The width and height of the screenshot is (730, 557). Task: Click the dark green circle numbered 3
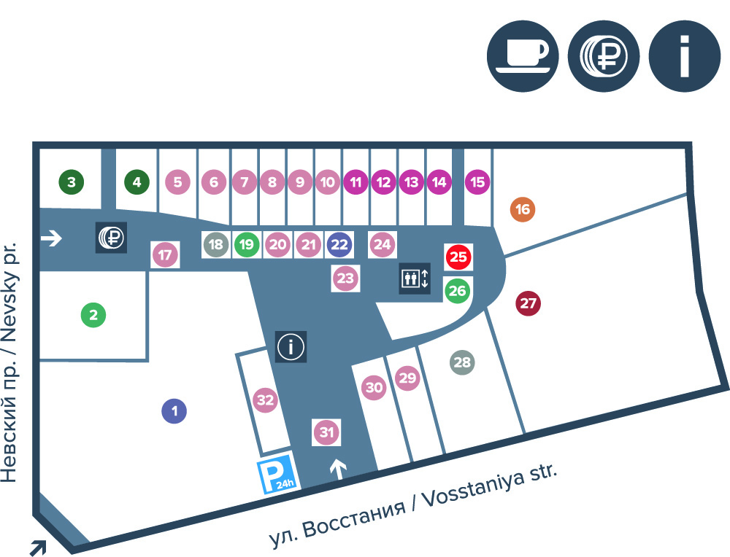(x=72, y=182)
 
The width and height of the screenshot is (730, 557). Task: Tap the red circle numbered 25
(x=458, y=257)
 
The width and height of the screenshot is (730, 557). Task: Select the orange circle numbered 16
(x=523, y=209)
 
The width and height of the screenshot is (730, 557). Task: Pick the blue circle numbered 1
(x=174, y=411)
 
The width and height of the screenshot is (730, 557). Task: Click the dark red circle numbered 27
(x=528, y=303)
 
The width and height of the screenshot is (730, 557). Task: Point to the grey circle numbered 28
(x=462, y=362)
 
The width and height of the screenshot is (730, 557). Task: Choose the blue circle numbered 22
(x=339, y=244)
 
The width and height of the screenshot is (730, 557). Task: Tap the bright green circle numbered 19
(x=247, y=244)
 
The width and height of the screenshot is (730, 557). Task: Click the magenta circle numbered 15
(x=477, y=182)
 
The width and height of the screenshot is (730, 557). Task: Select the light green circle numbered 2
(x=93, y=315)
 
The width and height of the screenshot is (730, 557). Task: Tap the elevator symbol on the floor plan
(x=415, y=278)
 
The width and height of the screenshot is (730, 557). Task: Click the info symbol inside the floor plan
(x=291, y=346)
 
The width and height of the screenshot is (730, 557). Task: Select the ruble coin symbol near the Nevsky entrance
(x=111, y=238)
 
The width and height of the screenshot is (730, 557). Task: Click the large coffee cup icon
(x=523, y=56)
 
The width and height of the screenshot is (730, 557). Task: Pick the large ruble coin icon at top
(x=604, y=56)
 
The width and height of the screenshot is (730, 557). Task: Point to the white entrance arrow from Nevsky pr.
(x=51, y=238)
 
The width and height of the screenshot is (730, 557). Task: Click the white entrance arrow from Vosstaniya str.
(x=339, y=470)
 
